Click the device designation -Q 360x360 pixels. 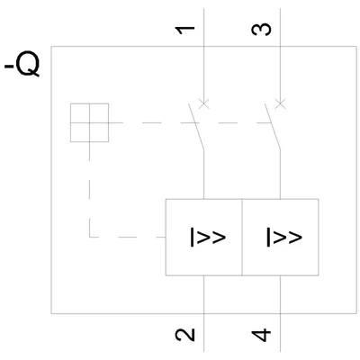[x=22, y=64]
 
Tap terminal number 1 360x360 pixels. [x=185, y=30]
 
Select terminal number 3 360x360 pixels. [x=261, y=30]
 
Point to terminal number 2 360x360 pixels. [x=185, y=335]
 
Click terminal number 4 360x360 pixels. [x=261, y=335]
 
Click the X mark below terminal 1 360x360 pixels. [x=204, y=104]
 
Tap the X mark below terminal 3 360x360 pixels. [x=280, y=104]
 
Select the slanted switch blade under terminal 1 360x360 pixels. [x=196, y=126]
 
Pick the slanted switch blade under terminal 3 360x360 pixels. [x=273, y=126]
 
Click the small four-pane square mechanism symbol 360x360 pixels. [x=89, y=122]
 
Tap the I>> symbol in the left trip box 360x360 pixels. [x=208, y=238]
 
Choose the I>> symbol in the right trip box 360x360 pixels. [x=284, y=238]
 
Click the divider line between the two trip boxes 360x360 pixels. [x=242, y=237]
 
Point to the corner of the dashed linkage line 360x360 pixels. [x=89, y=237]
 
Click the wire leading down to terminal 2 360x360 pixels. [x=204, y=313]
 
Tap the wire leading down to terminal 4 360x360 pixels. [x=280, y=313]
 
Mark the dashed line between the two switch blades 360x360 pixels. [x=231, y=122]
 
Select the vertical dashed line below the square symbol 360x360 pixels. [x=89, y=189]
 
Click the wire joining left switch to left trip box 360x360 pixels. [x=204, y=174]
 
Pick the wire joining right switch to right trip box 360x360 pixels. [x=280, y=174]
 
